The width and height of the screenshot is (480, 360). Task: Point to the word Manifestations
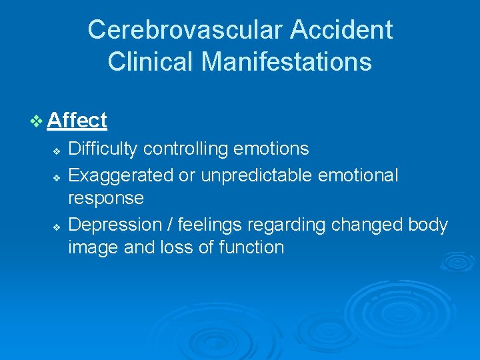tap(287, 62)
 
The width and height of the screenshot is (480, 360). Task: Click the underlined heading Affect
tap(77, 121)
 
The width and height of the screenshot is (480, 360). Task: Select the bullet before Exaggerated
tap(57, 176)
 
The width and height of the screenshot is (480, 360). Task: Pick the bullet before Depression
tap(57, 226)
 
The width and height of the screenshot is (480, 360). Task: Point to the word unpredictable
tap(267, 175)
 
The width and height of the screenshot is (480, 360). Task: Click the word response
tap(106, 199)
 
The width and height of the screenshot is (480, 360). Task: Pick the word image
tap(91, 248)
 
